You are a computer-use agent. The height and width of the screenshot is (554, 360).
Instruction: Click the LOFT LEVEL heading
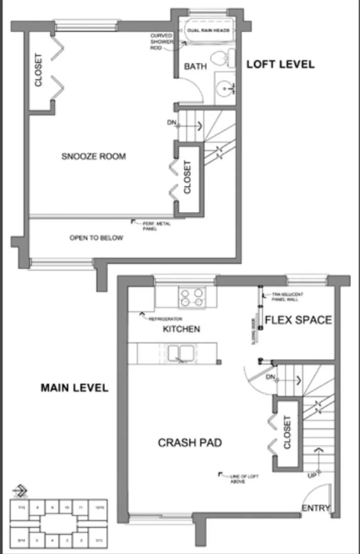[x=280, y=64]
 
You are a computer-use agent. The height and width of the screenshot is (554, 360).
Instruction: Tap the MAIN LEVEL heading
[x=74, y=387]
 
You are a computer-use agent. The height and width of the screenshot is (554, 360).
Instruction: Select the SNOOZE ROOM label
[x=94, y=157]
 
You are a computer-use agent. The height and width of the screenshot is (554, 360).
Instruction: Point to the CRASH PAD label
[x=190, y=443]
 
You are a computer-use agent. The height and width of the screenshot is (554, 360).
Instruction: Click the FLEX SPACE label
[x=298, y=320]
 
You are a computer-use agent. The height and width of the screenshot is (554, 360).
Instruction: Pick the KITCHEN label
[x=181, y=329]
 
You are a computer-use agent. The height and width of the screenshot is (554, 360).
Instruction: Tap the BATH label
[x=195, y=66]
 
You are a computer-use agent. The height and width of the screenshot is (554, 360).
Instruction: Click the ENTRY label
[x=315, y=508]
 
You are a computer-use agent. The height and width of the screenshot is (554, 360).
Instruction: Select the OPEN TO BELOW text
[x=96, y=238]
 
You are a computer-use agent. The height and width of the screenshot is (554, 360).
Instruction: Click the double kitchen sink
[x=181, y=353]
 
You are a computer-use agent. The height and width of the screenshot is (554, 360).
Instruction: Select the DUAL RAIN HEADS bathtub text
[x=208, y=30]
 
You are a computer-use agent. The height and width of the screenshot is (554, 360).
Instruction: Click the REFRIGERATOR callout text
[x=165, y=319]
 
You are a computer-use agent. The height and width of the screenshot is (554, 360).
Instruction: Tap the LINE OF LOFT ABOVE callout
[x=244, y=479]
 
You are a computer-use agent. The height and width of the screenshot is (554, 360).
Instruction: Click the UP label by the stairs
[x=312, y=476]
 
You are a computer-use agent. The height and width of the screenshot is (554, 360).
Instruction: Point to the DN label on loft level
[x=172, y=123]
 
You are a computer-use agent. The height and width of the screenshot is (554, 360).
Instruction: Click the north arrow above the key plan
[x=20, y=491]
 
